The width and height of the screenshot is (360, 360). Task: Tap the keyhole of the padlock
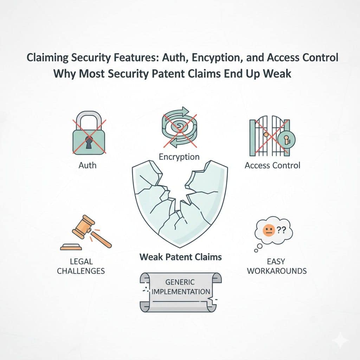click(x=89, y=143)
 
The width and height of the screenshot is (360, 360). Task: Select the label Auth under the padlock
click(x=88, y=165)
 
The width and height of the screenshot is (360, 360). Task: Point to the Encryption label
click(x=179, y=157)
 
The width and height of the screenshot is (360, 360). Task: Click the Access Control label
click(x=272, y=165)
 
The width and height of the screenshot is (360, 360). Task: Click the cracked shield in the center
click(x=179, y=204)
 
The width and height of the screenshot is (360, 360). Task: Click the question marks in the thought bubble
click(x=280, y=230)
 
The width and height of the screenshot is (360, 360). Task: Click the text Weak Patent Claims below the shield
click(x=180, y=257)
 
